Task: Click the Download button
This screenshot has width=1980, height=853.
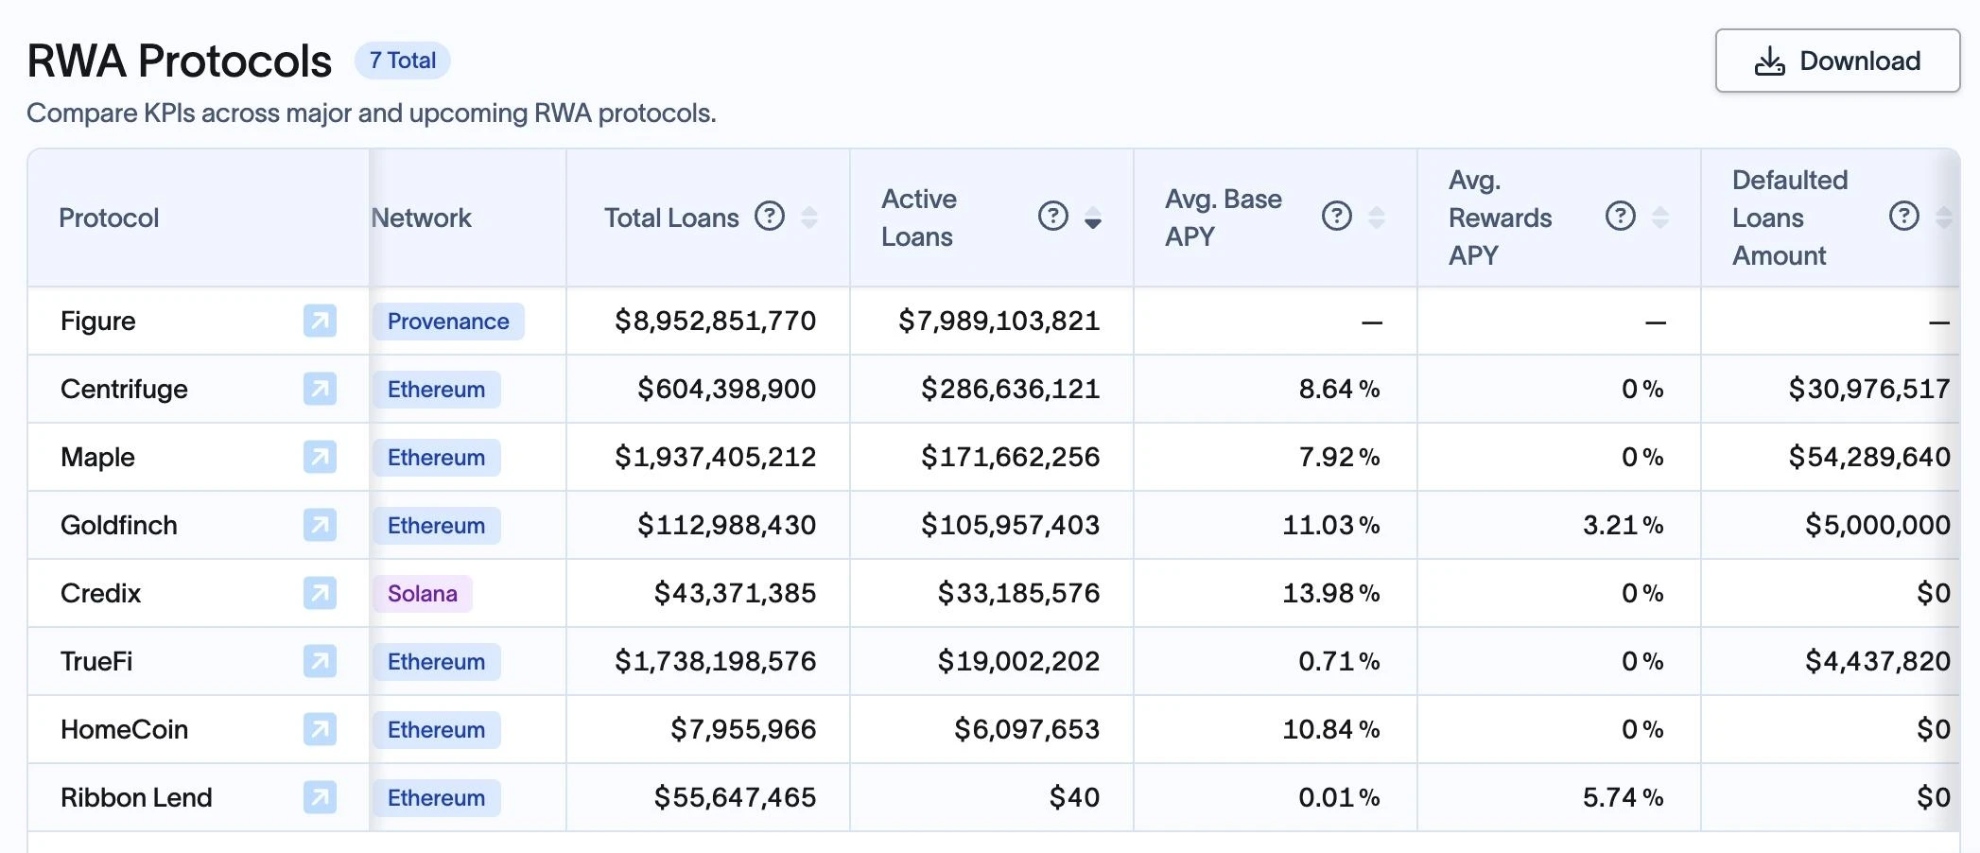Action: coord(1837,61)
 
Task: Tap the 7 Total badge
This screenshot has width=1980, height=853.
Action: coord(403,61)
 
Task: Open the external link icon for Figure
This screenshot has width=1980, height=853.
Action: coord(320,321)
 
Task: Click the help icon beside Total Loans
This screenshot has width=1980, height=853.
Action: coord(770,217)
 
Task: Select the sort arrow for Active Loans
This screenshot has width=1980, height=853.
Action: coord(1093,218)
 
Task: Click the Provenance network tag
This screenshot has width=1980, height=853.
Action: coord(448,322)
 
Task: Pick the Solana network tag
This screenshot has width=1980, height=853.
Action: coord(423,594)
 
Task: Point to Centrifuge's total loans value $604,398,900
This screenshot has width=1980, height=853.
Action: coord(726,389)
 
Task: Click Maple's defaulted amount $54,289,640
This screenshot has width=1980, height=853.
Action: coord(1868,457)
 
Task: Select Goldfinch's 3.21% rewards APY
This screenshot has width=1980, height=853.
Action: coord(1623,525)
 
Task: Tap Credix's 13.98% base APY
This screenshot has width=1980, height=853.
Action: coord(1330,593)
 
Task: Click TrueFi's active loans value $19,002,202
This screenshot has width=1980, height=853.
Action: coord(1018,661)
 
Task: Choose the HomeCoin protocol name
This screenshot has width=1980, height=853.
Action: coord(125,729)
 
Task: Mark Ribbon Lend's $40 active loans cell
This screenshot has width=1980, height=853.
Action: coord(1074,797)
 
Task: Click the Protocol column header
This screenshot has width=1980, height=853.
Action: coord(109,218)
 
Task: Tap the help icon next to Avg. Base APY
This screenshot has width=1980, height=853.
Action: coord(1337,217)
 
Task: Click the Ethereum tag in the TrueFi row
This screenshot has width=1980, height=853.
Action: coord(436,662)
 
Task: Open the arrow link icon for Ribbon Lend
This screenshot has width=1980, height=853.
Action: coord(320,797)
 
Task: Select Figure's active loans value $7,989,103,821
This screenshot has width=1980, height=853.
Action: coord(999,321)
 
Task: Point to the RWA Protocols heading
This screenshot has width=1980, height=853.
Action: coord(180,61)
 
